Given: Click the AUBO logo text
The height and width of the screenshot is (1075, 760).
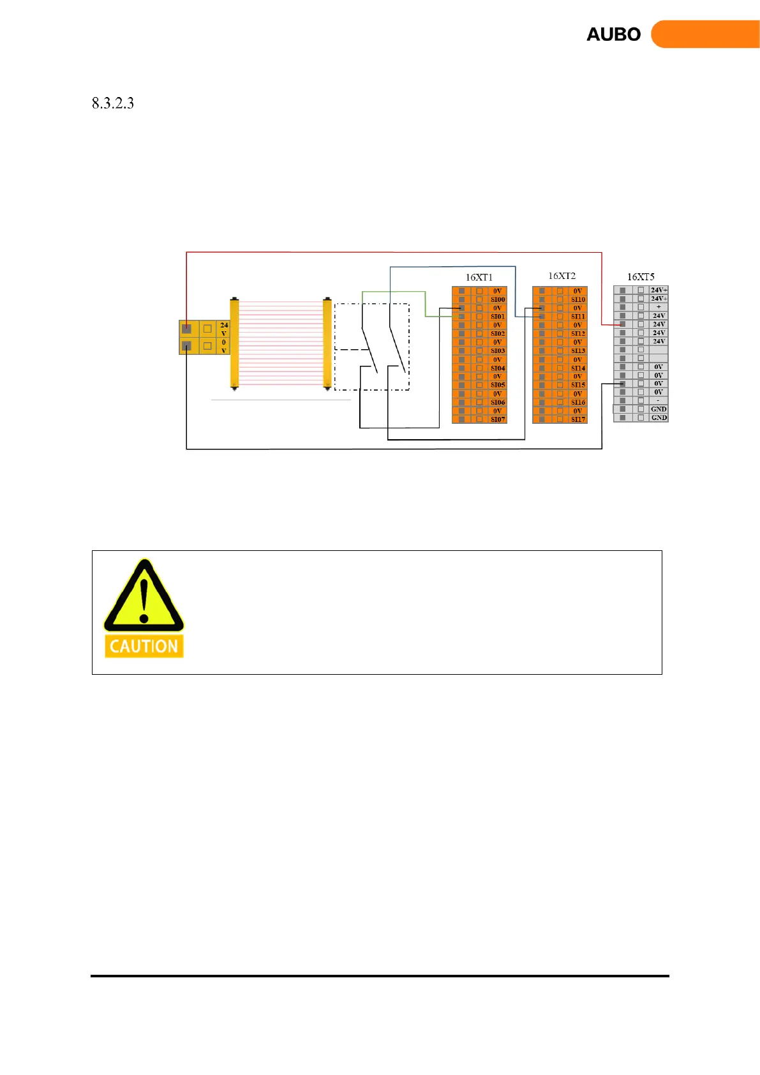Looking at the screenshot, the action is click(613, 34).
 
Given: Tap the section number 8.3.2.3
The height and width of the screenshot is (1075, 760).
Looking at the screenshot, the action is click(113, 103).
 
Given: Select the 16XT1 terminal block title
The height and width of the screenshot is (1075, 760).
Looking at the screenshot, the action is click(479, 277).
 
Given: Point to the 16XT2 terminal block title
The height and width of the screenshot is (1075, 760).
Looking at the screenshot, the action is click(562, 276).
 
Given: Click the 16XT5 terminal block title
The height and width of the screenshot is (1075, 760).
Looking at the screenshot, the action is click(641, 276).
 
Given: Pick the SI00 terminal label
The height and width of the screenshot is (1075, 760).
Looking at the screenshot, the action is click(498, 299).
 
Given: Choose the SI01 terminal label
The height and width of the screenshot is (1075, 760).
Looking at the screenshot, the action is click(498, 317).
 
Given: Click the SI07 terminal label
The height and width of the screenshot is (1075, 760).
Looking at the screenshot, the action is click(498, 419).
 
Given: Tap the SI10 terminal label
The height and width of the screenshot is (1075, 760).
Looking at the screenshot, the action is click(578, 299).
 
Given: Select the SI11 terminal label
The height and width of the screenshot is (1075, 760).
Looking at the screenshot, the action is click(578, 317).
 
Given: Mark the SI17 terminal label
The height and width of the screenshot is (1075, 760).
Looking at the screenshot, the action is click(578, 419).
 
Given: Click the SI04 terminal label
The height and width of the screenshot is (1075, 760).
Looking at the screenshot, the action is click(498, 368).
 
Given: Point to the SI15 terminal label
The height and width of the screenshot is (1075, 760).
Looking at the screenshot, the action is click(578, 385).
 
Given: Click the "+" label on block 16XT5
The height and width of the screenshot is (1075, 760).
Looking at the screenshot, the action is click(659, 307).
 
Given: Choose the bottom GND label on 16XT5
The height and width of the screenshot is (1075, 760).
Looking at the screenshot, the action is click(659, 417).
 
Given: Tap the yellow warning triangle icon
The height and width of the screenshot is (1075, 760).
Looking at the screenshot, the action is click(144, 596).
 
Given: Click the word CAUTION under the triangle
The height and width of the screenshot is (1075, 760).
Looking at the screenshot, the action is click(144, 646).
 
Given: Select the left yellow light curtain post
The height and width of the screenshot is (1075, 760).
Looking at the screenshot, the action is click(234, 343).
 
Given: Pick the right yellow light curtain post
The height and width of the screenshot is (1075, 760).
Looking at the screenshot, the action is click(327, 343).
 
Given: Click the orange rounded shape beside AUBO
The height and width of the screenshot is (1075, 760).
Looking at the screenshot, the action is click(705, 34).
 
